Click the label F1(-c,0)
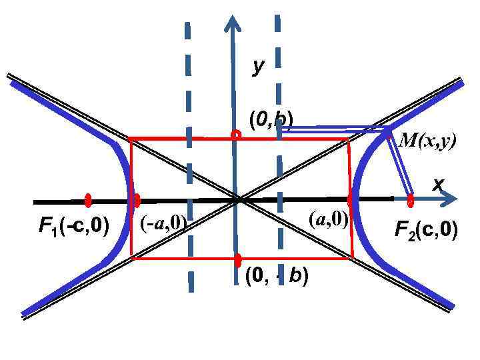pos(73,227)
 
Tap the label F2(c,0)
pos(426,230)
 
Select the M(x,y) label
pos(427,141)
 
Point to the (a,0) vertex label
pos(329,219)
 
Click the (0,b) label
pos(271,120)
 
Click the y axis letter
pos(259,65)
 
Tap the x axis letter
pos(438,184)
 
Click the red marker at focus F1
pos(88,200)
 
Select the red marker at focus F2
pos(411,199)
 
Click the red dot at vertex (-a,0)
pos(137,200)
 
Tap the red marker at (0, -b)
pos(237,260)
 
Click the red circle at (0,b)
pos(235,135)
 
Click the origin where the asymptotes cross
pos(237,199)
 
